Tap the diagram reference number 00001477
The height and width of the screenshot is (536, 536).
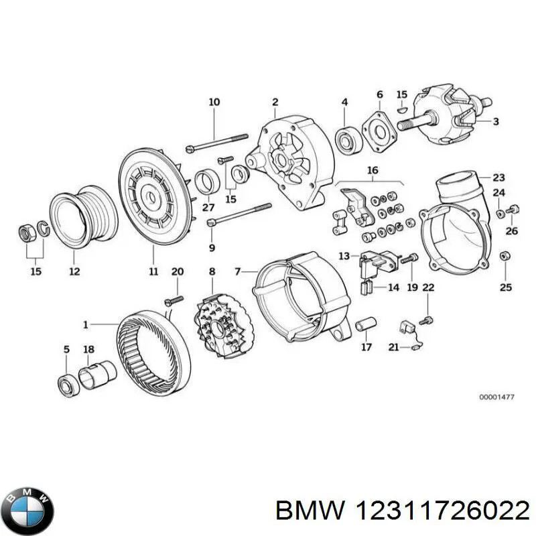(496, 397)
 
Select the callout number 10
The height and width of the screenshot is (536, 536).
(214, 103)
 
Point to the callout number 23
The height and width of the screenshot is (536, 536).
(498, 178)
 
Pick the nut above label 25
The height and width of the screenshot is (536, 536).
(506, 255)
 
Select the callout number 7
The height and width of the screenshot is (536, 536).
(237, 271)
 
